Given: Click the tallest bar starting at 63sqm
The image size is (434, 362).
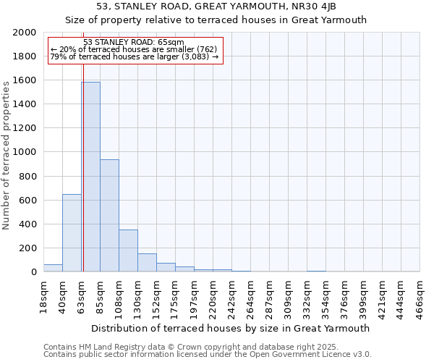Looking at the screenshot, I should coord(90,177).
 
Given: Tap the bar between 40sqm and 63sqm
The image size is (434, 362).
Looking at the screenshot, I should coord(72,232).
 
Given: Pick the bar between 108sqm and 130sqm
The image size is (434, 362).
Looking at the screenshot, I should coord(128,251).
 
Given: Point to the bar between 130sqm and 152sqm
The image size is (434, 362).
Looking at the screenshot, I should coord(147,263).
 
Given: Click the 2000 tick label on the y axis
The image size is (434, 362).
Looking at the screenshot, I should coord(25,33).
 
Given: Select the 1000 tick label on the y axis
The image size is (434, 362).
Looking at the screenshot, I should coord(25,152).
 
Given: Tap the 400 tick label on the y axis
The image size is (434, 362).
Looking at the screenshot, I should coord(27,224).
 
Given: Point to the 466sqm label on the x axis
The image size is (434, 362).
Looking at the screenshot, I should coord(420,295).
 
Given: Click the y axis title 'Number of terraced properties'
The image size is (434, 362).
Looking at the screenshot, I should coord(7,153).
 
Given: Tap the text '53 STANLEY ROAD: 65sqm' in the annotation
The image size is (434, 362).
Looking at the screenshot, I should coord(135,42).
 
